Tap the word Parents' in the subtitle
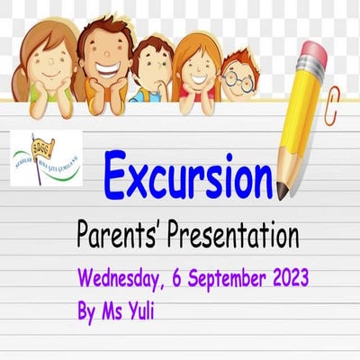pyautogui.click(x=121, y=236)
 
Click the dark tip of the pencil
pyautogui.click(x=283, y=189)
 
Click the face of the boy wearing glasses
pyautogui.click(x=236, y=79)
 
